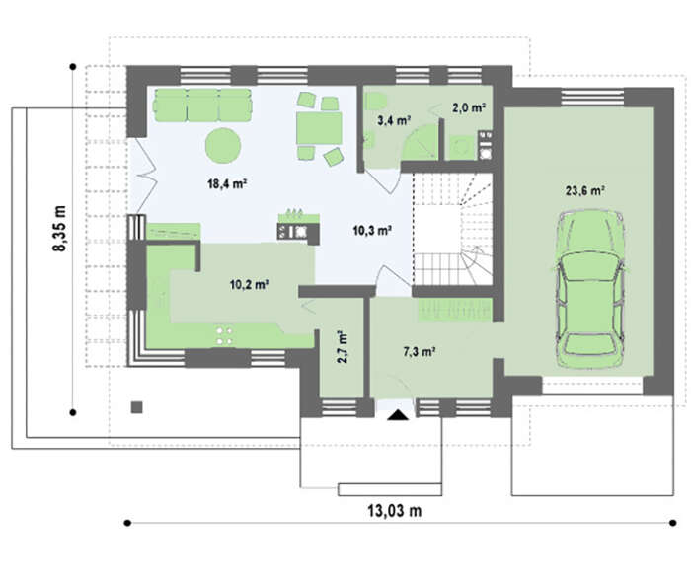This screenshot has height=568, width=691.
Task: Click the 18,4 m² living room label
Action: tap(226, 183)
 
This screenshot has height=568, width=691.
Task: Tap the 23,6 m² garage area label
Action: tap(584, 190)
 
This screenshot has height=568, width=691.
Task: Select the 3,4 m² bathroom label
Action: tap(394, 120)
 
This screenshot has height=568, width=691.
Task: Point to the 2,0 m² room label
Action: tap(469, 107)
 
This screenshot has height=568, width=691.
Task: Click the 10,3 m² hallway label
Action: tap(372, 230)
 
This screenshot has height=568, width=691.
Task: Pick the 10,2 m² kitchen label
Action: tap(249, 285)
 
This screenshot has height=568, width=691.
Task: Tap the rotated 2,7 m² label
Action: tap(342, 347)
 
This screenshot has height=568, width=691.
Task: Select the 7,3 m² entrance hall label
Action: tap(420, 351)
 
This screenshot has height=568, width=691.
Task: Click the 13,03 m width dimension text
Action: tap(395, 511)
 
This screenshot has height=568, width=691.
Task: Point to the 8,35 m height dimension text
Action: tap(59, 228)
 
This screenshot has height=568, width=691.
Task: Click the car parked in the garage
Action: tap(590, 288)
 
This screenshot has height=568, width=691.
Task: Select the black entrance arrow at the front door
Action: tap(398, 415)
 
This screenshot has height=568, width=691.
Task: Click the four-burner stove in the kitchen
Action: tap(225, 335)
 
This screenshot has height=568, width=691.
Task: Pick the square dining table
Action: tap(319, 128)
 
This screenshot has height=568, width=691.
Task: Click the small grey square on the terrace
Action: tap(137, 407)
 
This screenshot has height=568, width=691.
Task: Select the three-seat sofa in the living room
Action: tap(202, 105)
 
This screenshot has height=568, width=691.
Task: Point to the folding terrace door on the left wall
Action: tap(146, 177)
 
